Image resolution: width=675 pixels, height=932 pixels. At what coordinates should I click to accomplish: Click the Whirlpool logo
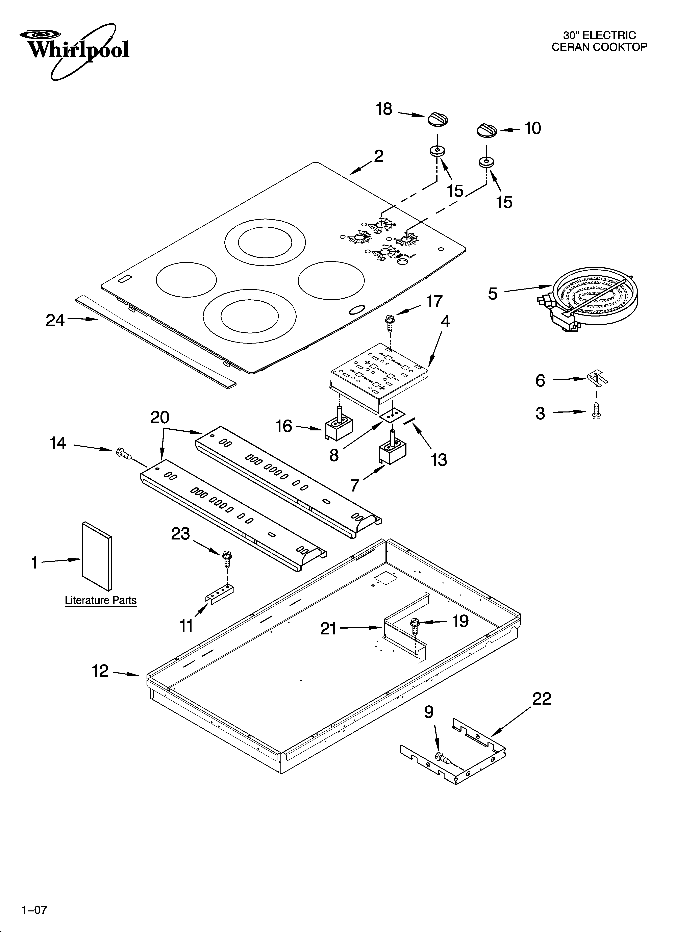tap(74, 51)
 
